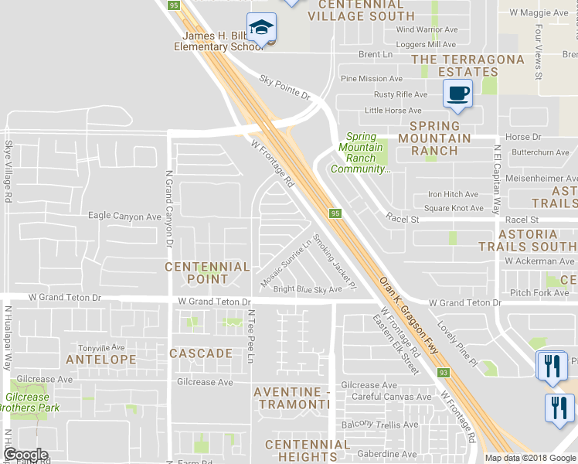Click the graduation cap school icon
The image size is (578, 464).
(262, 28)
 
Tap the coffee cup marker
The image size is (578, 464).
(457, 94)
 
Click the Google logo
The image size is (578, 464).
(25, 455)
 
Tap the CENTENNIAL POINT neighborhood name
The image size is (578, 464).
(208, 272)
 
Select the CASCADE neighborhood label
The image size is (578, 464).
(201, 353)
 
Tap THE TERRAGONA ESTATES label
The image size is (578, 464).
(457, 65)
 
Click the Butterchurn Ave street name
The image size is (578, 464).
(541, 152)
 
